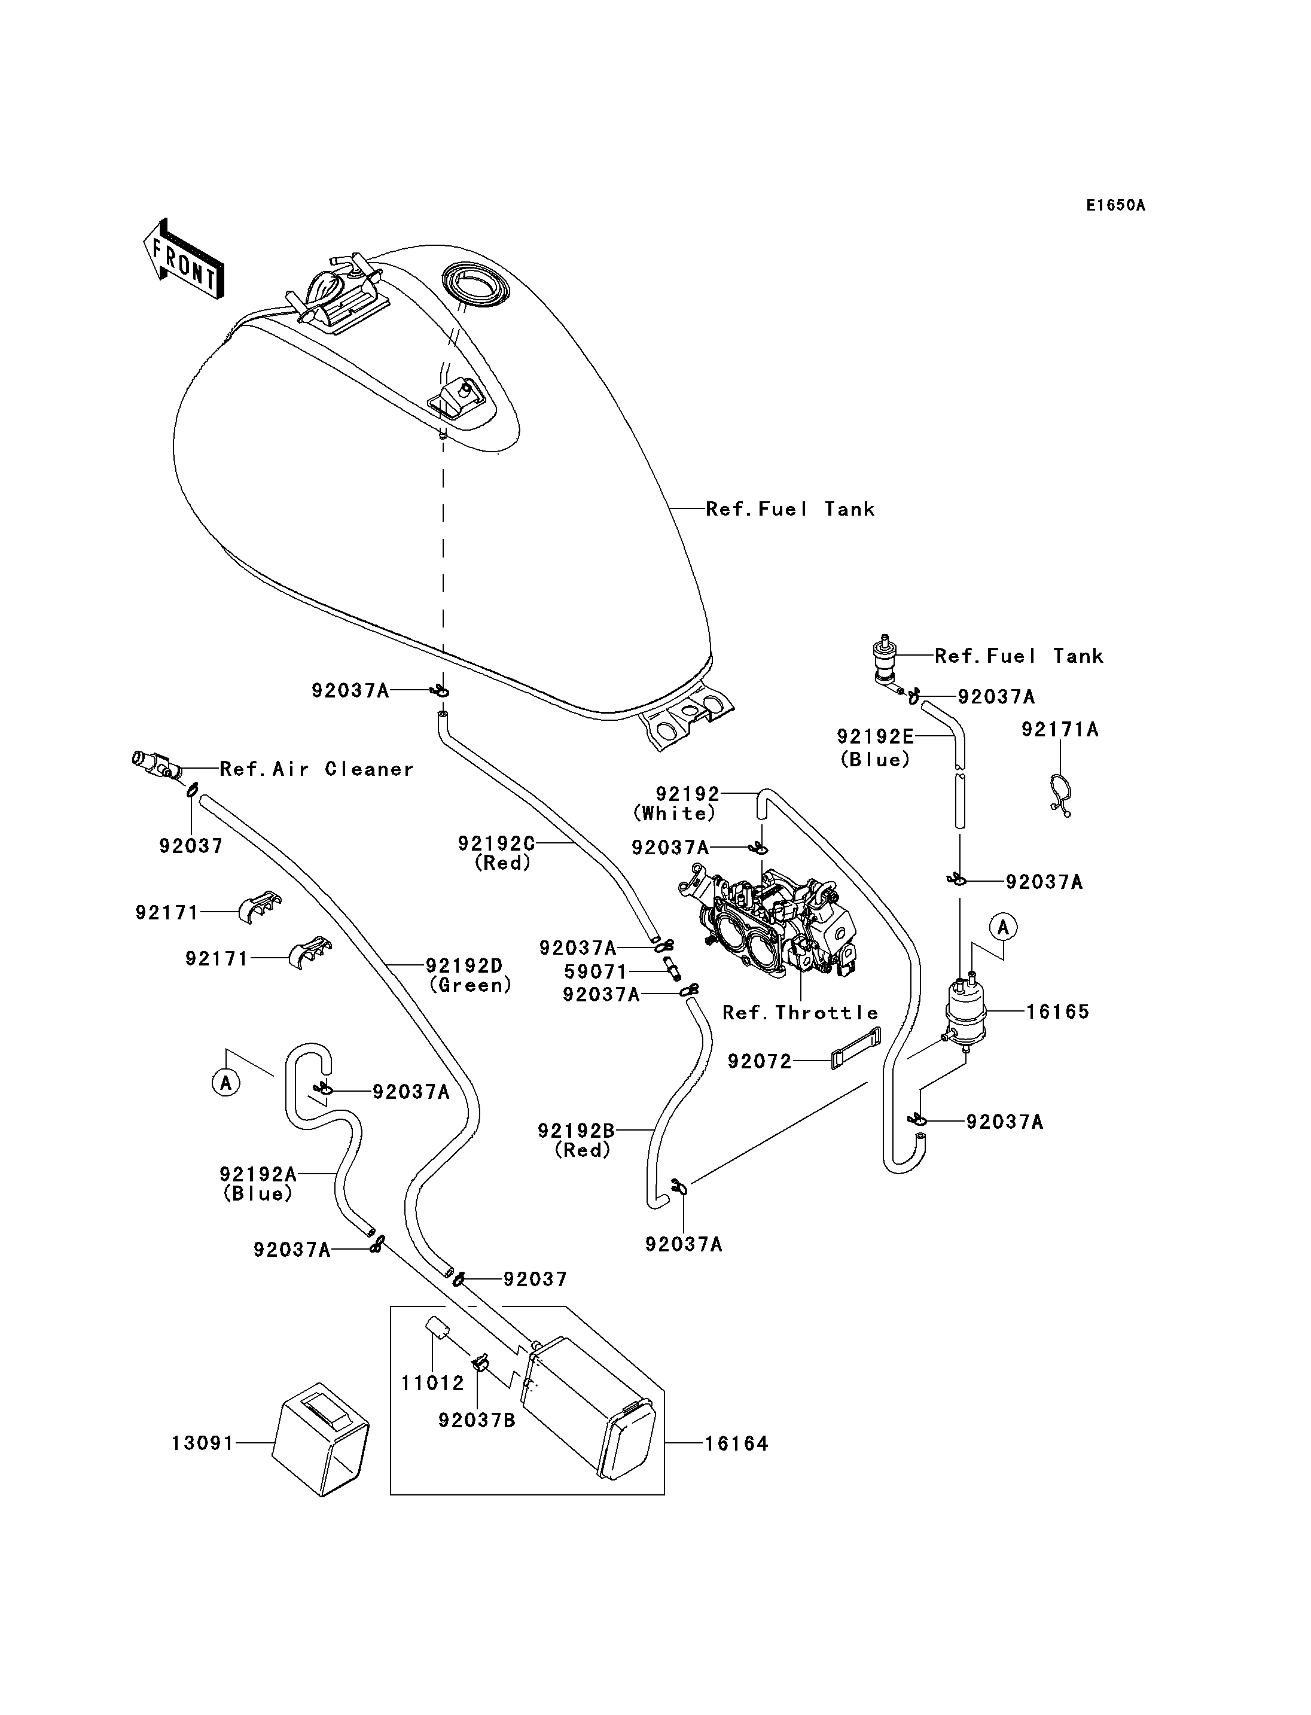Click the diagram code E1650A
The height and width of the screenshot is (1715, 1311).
point(1115,205)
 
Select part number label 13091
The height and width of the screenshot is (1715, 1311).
point(203,1443)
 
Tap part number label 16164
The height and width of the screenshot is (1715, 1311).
point(737,1443)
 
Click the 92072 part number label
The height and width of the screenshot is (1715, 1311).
point(760,1062)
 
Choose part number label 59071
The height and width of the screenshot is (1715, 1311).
point(596,972)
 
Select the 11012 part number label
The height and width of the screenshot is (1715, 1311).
point(432,1383)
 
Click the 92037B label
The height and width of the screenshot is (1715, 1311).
point(476,1420)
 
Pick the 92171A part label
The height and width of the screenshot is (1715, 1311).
point(1060,729)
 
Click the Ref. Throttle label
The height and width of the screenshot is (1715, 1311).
point(800,1013)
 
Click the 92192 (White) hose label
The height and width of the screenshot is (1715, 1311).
point(676,803)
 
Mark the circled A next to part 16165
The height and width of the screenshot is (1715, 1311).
point(1004,927)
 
